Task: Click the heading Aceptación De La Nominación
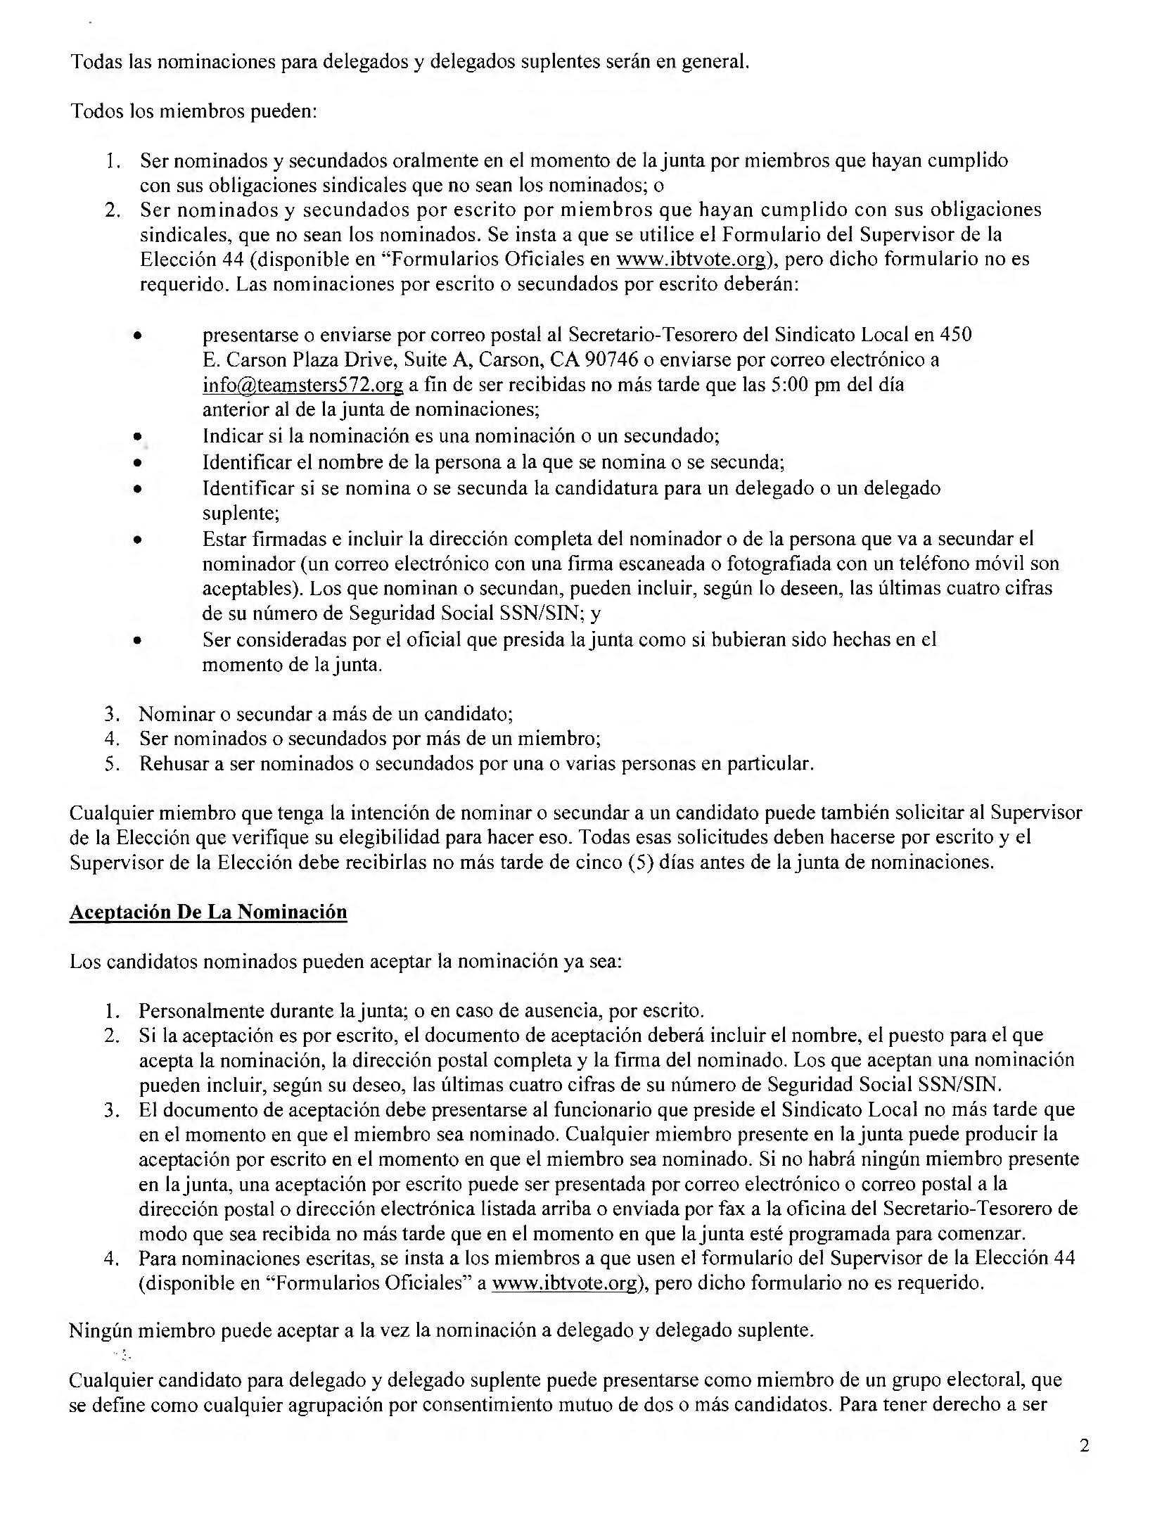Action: click(x=208, y=912)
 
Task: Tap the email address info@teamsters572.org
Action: click(x=302, y=385)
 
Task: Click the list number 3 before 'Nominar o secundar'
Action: click(x=110, y=714)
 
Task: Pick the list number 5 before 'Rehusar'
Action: click(x=110, y=764)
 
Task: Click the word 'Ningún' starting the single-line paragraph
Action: click(x=99, y=1331)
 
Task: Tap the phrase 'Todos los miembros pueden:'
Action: click(x=194, y=111)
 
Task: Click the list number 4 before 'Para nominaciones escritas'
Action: click(x=110, y=1258)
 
